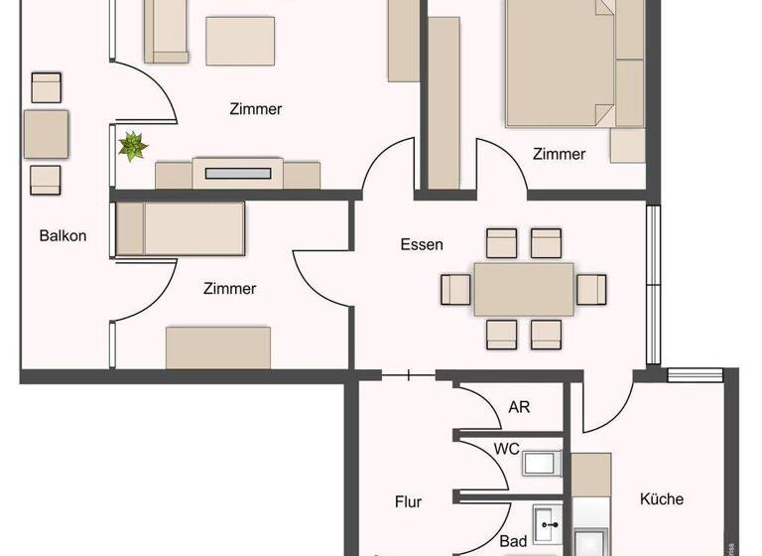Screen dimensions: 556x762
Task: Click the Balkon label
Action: click(x=63, y=235)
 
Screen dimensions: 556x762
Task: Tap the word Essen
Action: click(x=422, y=244)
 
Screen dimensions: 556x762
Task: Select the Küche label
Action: click(x=661, y=498)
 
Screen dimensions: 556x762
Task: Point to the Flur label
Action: click(x=408, y=502)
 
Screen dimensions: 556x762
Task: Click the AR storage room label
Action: click(x=519, y=407)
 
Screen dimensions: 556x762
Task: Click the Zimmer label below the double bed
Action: click(x=559, y=154)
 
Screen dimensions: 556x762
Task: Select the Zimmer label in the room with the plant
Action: click(x=255, y=109)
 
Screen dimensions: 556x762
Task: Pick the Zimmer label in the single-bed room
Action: click(x=229, y=289)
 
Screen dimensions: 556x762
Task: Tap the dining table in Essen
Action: click(x=523, y=289)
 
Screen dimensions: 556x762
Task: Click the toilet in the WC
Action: click(x=541, y=463)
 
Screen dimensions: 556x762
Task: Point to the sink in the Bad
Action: click(x=546, y=522)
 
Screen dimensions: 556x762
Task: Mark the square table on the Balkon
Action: click(x=46, y=134)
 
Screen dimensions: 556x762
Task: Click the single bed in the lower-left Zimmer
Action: click(x=180, y=228)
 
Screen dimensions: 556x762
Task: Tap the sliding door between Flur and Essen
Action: click(x=409, y=375)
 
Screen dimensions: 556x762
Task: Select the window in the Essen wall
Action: click(x=652, y=285)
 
